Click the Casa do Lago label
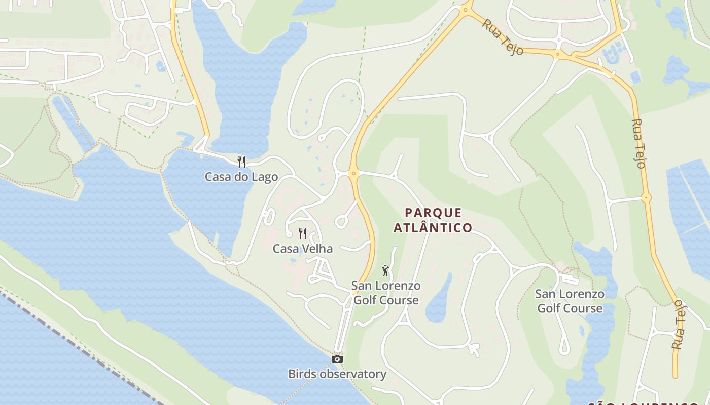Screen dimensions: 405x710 point(241,177)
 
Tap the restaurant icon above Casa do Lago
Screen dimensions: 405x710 point(241,162)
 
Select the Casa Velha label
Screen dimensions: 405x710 point(303,249)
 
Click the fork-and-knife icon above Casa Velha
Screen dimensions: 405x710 point(303,233)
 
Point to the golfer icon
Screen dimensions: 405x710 point(385,271)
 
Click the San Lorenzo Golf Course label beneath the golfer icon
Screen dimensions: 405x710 point(386,293)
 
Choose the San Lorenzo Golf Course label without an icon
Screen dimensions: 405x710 point(570,301)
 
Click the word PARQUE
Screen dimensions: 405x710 point(434,213)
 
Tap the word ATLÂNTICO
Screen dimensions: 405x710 point(433,228)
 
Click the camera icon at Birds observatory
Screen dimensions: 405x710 point(337,359)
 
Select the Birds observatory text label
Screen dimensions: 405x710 point(337,374)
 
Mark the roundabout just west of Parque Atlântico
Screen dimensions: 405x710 point(353,174)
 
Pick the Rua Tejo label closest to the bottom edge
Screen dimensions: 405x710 point(678,324)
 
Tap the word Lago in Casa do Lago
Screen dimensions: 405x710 point(265,177)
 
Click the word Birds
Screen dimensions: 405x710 point(301,374)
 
